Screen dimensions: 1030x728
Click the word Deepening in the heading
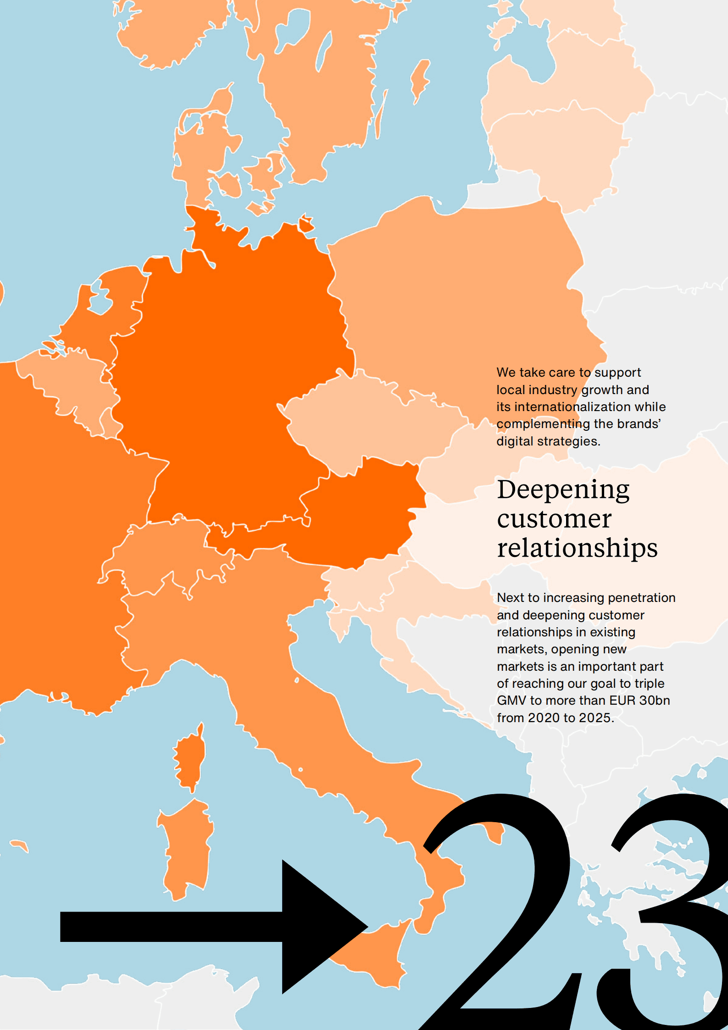563,490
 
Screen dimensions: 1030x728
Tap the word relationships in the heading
577,548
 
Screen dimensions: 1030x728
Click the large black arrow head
317,927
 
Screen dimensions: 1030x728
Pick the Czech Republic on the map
367,422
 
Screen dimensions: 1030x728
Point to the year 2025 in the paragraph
595,718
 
